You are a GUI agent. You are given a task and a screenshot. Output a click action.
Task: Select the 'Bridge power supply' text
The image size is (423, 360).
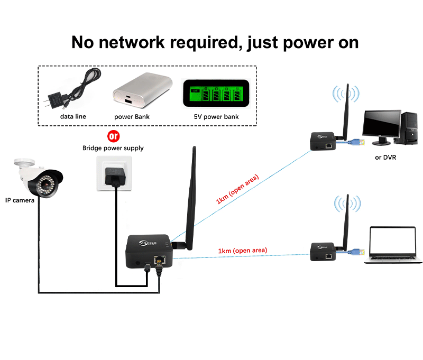click(x=113, y=149)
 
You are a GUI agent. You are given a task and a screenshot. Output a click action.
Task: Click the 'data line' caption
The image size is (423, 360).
click(x=73, y=116)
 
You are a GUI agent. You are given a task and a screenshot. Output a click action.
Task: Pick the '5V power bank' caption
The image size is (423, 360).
click(x=216, y=116)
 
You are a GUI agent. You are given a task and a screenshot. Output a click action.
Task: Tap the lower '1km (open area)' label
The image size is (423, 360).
click(x=243, y=251)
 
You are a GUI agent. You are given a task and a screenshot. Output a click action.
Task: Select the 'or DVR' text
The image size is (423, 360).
click(x=385, y=157)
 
